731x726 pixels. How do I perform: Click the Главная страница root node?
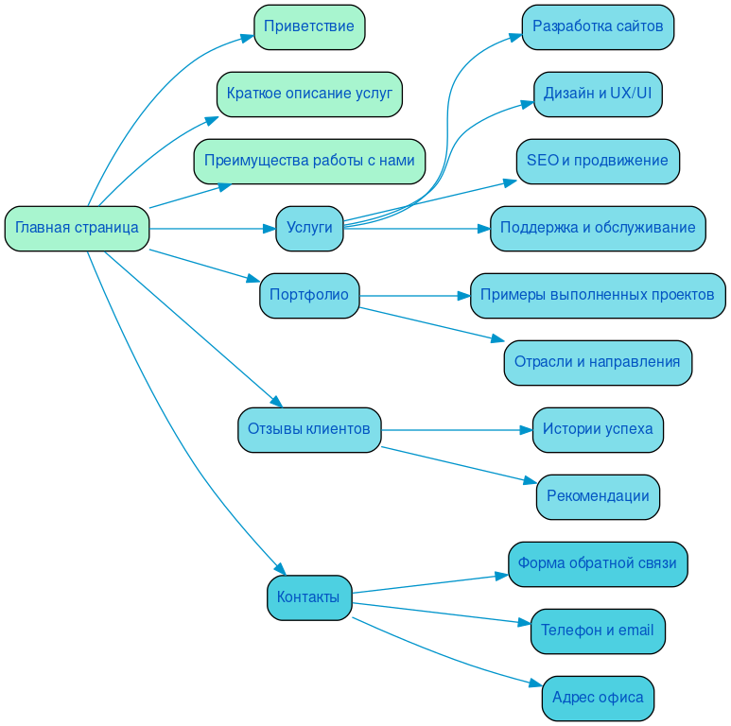[x=77, y=229]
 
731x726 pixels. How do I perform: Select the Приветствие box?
[x=309, y=26]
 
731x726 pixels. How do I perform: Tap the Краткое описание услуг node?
[x=309, y=94]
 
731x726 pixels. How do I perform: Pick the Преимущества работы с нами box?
[x=309, y=161]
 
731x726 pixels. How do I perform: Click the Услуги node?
[x=309, y=229]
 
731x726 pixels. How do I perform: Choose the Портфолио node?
[x=309, y=296]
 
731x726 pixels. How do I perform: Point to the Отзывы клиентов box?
[x=309, y=430]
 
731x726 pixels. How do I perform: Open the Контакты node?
[x=309, y=598]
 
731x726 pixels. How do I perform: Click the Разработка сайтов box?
[x=598, y=26]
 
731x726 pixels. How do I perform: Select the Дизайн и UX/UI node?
[x=598, y=94]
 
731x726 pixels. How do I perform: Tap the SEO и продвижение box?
[x=598, y=161]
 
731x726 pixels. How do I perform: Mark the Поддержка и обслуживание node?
[x=598, y=229]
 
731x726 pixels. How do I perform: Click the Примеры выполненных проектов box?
[x=598, y=296]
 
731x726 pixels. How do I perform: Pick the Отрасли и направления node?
[x=598, y=363]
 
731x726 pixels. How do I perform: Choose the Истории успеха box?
[x=598, y=430]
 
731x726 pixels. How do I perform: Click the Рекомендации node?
[x=598, y=497]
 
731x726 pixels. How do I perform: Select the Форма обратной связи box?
[x=598, y=564]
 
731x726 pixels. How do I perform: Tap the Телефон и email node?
[x=598, y=631]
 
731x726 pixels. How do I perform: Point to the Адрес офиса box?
[x=598, y=699]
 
